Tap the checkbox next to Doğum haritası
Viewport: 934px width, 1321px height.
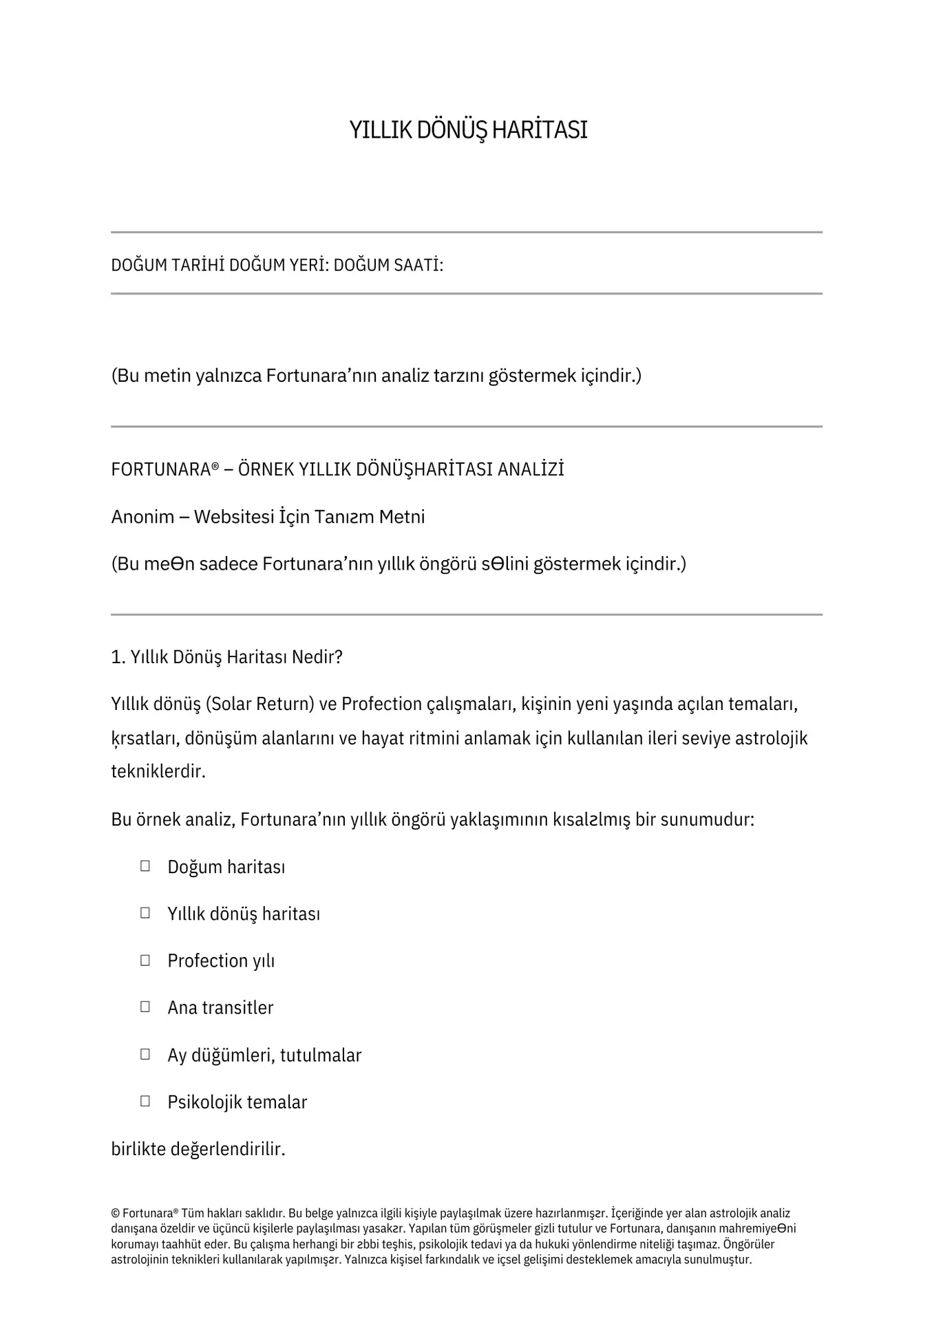[145, 866]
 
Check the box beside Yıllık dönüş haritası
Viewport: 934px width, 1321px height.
[145, 912]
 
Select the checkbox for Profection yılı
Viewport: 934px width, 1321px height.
[145, 960]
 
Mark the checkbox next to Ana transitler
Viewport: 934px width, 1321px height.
[145, 1007]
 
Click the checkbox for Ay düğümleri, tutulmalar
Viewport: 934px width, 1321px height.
[145, 1053]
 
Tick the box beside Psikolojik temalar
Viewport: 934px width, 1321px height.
[145, 1101]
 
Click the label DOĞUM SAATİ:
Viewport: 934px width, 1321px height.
[388, 265]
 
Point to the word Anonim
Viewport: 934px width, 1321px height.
[142, 517]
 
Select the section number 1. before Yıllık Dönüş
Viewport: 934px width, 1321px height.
[118, 657]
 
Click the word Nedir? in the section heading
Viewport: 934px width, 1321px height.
[317, 657]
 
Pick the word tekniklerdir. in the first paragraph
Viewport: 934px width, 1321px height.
[158, 771]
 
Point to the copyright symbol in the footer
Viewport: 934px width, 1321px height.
[115, 1214]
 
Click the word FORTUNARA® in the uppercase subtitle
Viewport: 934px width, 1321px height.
[164, 470]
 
